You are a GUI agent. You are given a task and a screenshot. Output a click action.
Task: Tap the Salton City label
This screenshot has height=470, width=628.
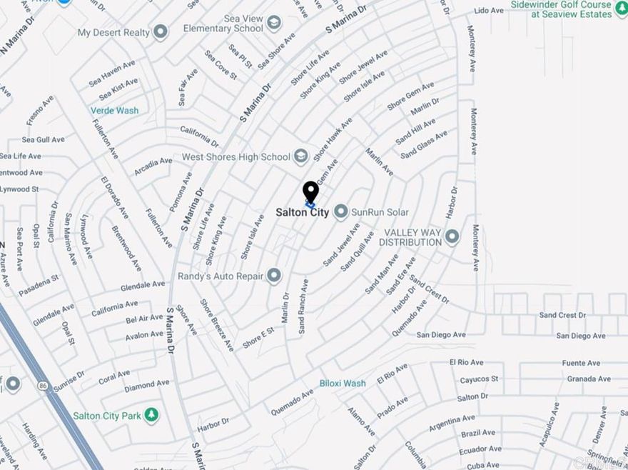(x=303, y=213)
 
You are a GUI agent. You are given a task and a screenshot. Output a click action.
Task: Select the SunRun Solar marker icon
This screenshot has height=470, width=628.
(x=341, y=211)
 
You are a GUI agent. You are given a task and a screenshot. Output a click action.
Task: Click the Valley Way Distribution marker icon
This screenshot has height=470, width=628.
(x=451, y=236)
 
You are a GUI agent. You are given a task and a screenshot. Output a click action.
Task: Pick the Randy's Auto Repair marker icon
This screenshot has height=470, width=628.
(x=274, y=276)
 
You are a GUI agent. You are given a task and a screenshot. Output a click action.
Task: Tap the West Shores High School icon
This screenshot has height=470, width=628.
(x=301, y=156)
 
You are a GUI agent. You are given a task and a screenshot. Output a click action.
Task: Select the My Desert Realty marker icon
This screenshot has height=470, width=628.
(x=161, y=32)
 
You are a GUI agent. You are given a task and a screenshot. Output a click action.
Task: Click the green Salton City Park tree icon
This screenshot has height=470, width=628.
(x=151, y=415)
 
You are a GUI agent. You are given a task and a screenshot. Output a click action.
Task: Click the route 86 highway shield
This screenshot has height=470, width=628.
(x=44, y=385)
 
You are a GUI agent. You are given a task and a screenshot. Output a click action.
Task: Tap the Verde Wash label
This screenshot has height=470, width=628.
(x=114, y=111)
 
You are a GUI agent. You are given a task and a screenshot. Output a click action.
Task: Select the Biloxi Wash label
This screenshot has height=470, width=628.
(x=343, y=384)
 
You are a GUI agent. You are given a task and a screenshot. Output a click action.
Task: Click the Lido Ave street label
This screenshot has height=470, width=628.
(x=489, y=11)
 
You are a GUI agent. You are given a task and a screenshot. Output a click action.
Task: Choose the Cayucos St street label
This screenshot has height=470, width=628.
(x=479, y=379)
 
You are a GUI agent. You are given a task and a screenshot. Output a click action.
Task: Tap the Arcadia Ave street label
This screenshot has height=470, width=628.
(x=153, y=167)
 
